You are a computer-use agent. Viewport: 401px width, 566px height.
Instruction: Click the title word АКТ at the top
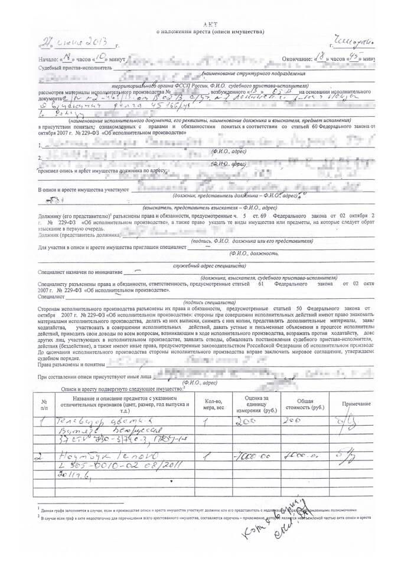[208, 22]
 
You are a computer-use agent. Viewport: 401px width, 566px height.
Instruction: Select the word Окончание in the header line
[288, 60]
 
